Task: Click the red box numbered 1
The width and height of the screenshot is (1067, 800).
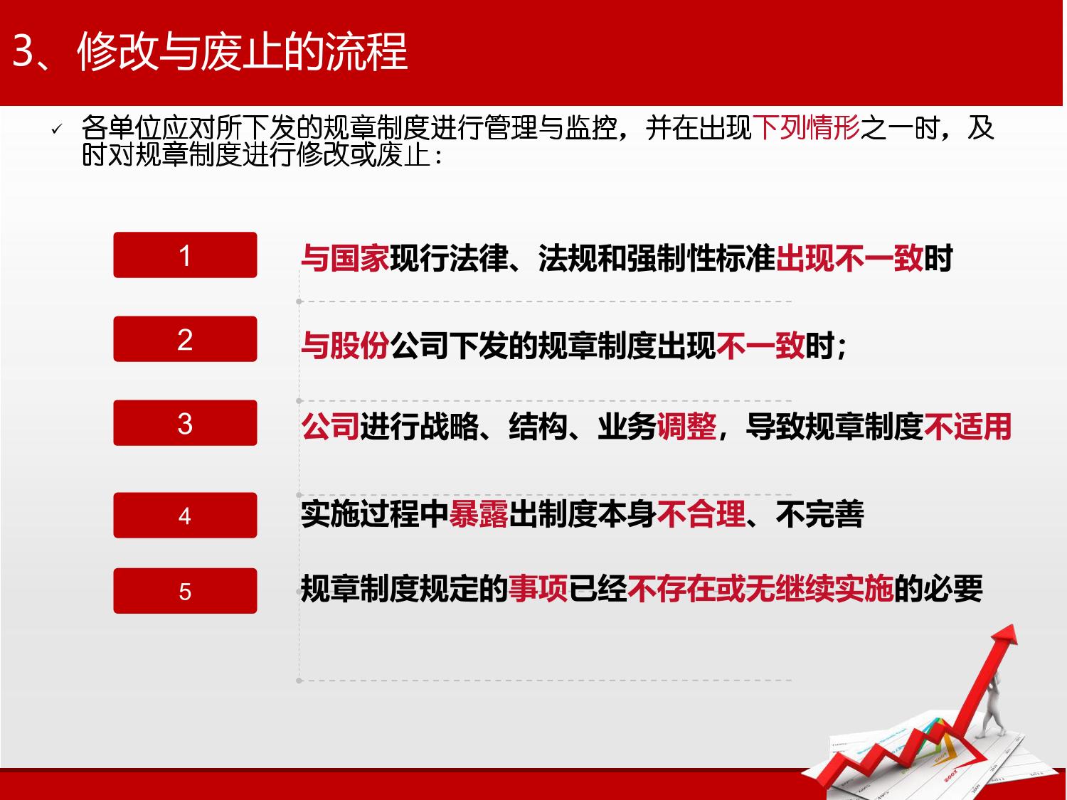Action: click(185, 255)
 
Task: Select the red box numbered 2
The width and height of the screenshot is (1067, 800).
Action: click(185, 339)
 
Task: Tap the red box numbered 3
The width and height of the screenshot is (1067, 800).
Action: click(185, 422)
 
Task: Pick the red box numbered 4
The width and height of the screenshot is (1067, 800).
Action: click(185, 516)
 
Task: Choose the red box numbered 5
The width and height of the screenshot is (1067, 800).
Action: click(185, 591)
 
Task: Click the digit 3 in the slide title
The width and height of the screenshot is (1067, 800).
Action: click(23, 51)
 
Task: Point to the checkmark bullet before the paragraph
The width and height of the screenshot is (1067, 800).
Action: click(57, 129)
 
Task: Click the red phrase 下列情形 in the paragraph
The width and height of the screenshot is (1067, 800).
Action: click(806, 128)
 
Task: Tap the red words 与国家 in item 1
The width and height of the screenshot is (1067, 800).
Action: click(345, 258)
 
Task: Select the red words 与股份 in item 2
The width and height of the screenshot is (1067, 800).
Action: click(345, 346)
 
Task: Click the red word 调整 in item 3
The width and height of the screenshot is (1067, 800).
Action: click(686, 427)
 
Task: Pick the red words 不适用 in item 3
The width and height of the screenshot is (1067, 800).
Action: click(968, 427)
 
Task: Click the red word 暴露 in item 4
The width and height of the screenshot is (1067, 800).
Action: click(478, 514)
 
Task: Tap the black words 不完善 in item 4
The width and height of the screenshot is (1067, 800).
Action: click(820, 514)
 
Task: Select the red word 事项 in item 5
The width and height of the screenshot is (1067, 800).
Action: click(538, 588)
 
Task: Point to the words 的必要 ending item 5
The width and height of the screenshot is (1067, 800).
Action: click(938, 588)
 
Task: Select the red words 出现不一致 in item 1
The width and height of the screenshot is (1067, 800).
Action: click(850, 258)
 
